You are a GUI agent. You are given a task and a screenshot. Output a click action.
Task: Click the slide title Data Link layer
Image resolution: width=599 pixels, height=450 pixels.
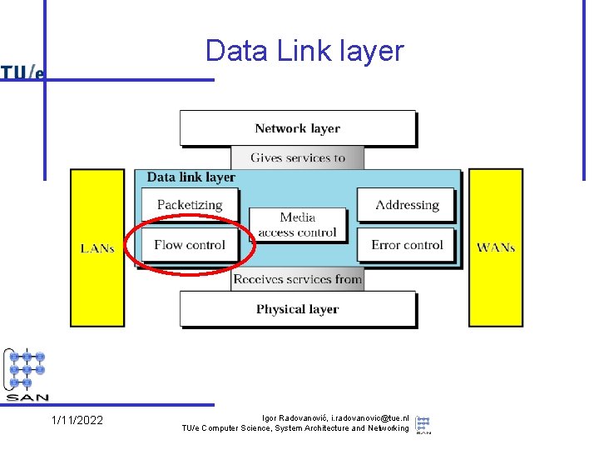coord(304,52)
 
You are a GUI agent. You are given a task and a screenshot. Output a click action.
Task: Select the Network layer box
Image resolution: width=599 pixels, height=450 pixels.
coord(297,128)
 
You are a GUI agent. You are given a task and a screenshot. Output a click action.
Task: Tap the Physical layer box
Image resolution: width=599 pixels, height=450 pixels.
coord(297,309)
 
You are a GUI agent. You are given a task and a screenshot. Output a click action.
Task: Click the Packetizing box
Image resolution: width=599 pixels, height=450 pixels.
coord(190,205)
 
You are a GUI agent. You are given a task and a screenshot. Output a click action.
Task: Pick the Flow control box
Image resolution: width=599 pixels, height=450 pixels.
coord(190,245)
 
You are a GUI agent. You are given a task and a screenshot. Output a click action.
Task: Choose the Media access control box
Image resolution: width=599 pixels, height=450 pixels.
coord(297,225)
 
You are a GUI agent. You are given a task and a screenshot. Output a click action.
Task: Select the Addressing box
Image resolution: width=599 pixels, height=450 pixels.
coord(406,205)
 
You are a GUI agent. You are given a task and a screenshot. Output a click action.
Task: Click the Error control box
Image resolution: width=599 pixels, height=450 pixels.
coord(406,245)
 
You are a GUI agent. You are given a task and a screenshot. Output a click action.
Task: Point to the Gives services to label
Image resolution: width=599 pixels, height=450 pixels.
coord(297,157)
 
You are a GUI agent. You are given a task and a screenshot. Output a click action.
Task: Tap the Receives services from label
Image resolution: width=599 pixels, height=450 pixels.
coord(297,280)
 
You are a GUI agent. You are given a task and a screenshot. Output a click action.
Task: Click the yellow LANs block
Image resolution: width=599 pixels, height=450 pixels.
coord(97,248)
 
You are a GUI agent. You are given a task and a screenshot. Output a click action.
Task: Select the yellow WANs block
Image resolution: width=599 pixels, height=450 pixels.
coord(495,248)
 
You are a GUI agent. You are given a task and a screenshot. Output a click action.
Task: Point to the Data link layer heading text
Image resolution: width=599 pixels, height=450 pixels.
coord(191,177)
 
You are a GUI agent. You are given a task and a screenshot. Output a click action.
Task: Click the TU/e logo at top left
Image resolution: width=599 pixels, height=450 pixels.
coord(22,73)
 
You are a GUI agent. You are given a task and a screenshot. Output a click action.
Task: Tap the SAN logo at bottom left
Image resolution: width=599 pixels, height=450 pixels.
coord(27,375)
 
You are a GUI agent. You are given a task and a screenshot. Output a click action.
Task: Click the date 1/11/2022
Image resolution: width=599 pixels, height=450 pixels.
coord(77,420)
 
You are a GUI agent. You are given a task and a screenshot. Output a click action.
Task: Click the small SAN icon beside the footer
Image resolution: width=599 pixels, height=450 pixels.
coord(423,424)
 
